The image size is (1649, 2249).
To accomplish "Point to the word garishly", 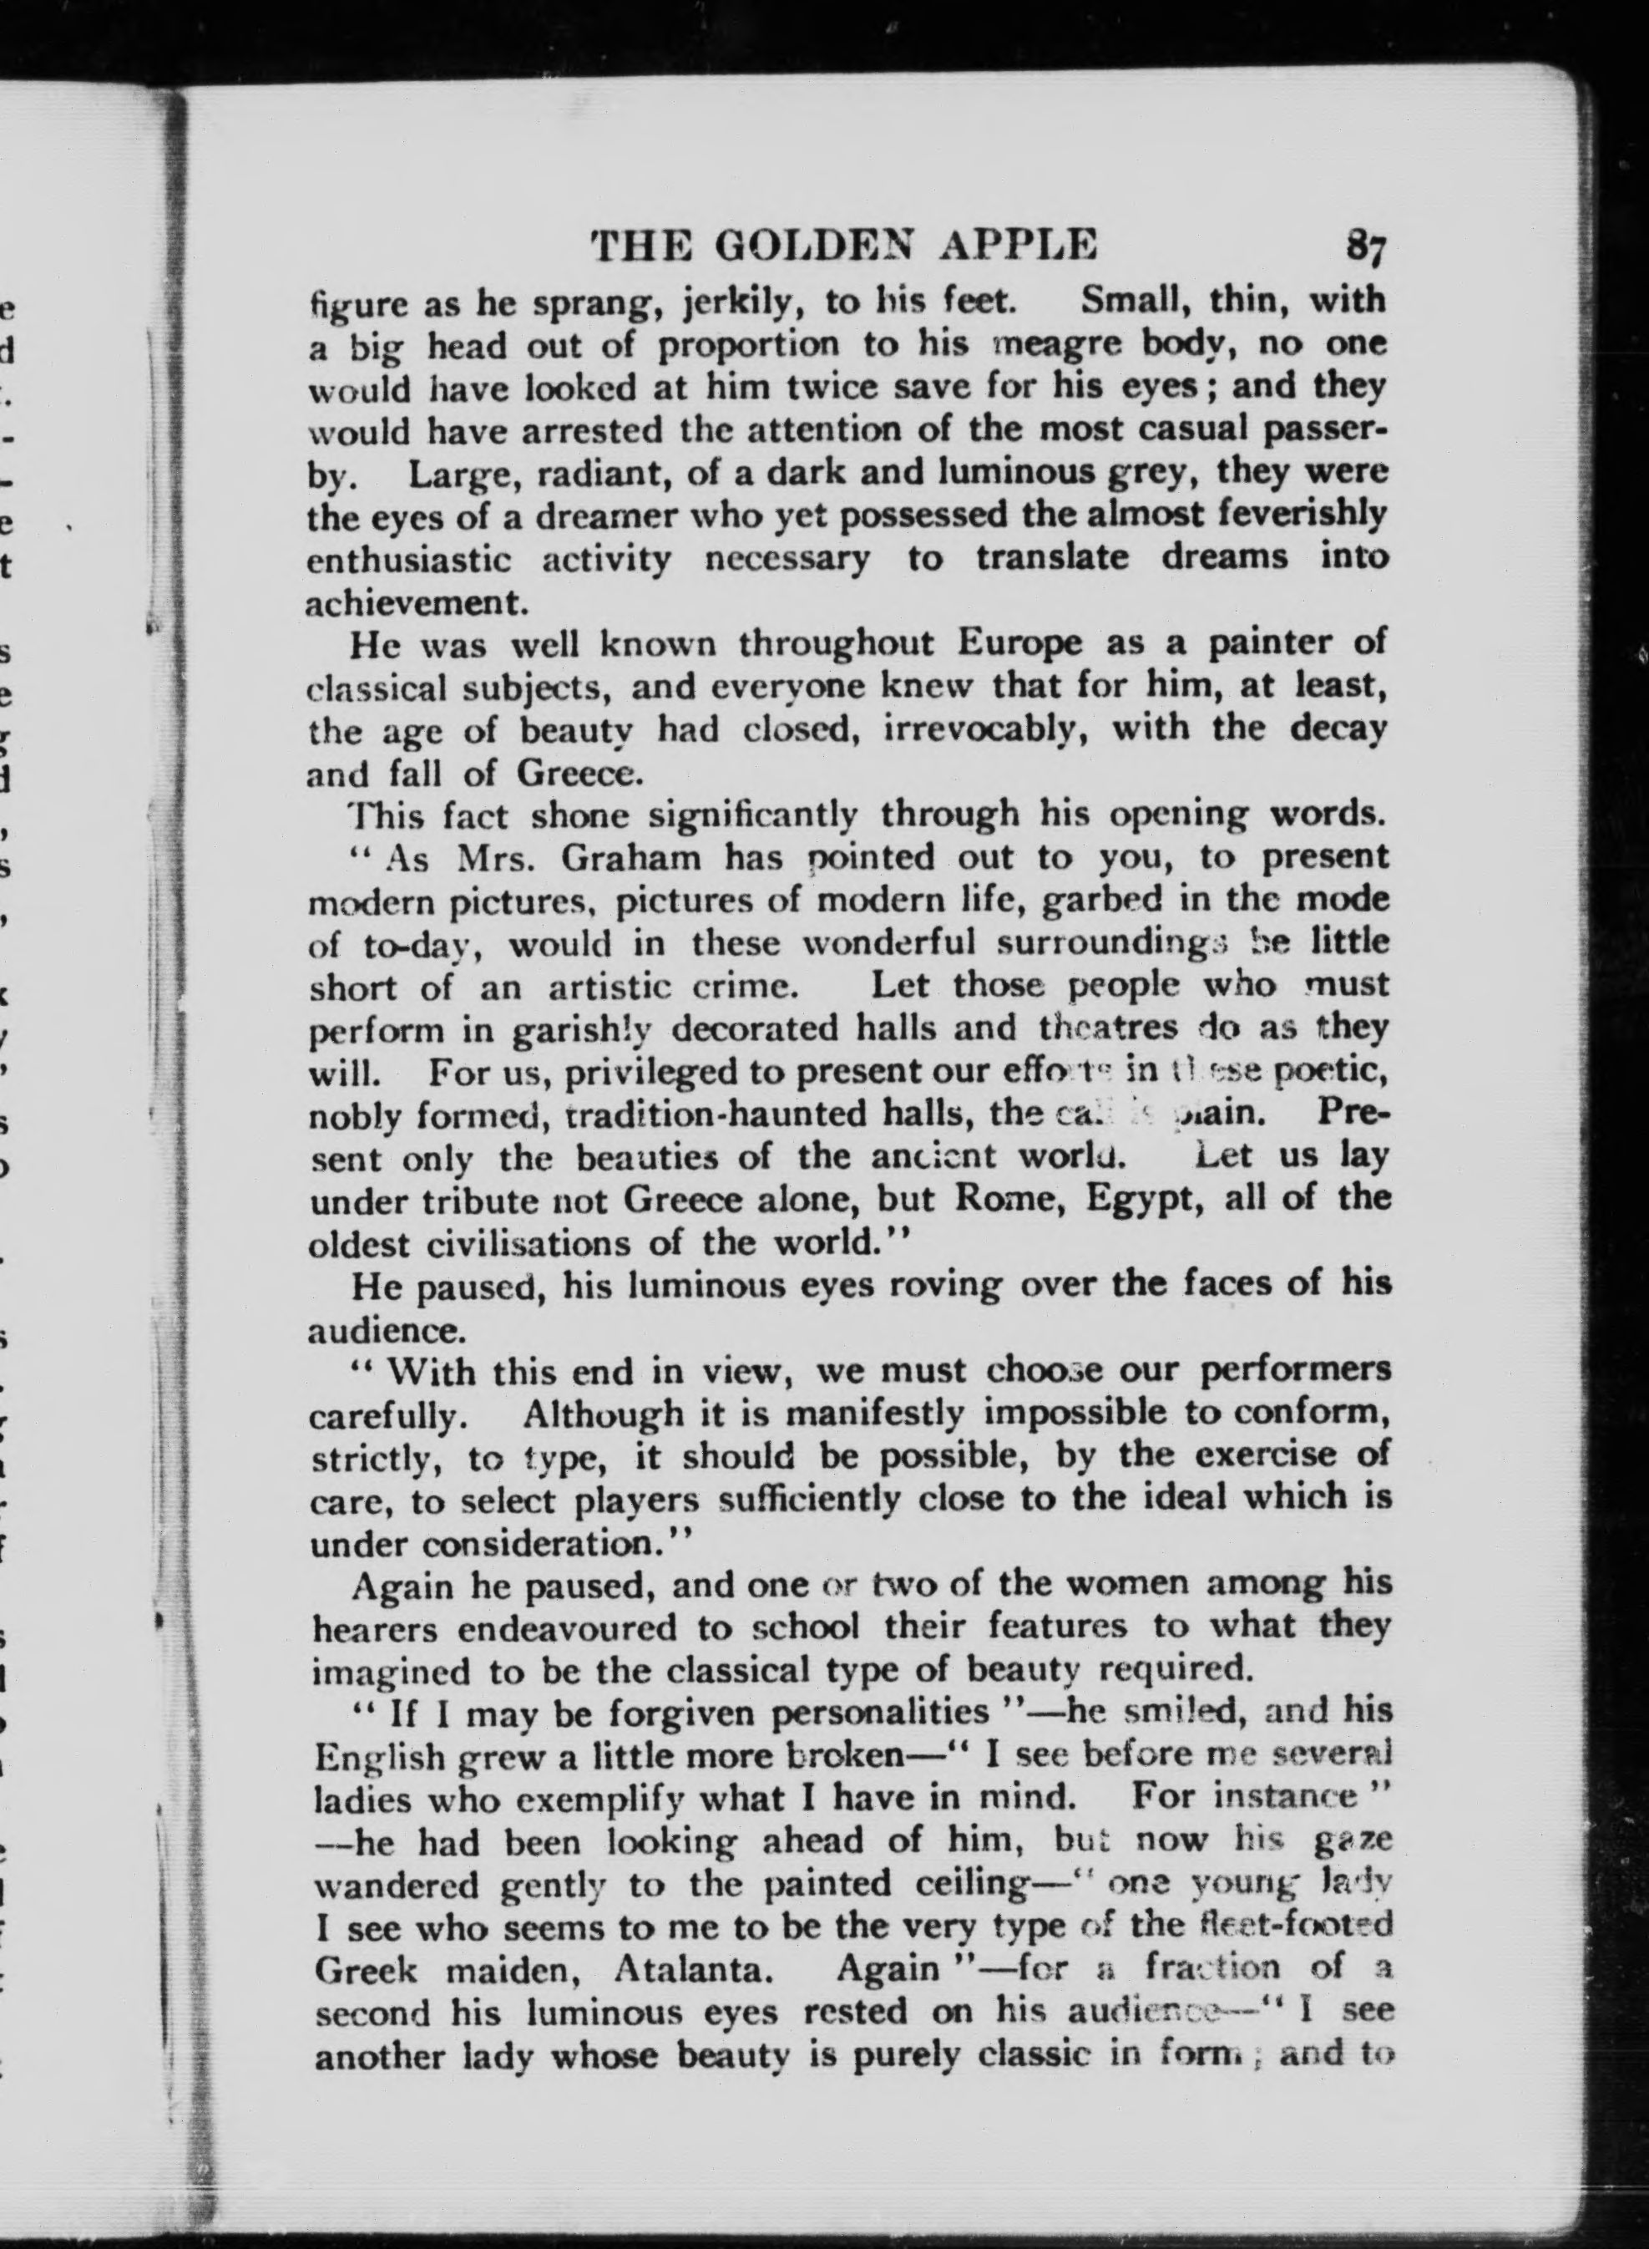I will click(x=582, y=1028).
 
